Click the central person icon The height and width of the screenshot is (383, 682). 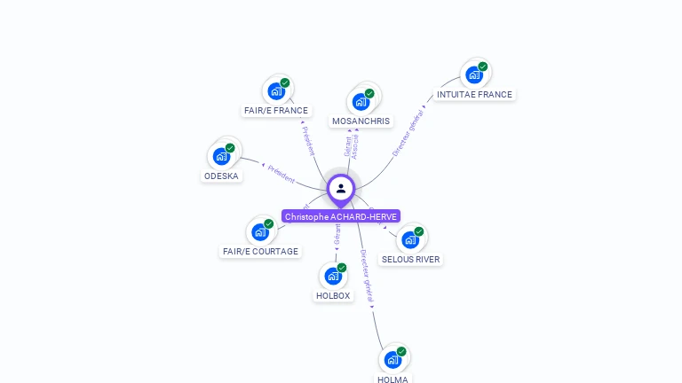pos(341,188)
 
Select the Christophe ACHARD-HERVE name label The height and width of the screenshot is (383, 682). pos(341,216)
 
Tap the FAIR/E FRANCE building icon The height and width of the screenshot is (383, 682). pos(276,90)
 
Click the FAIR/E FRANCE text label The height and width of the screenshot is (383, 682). pos(276,111)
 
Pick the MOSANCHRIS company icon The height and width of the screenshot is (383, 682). pos(361,101)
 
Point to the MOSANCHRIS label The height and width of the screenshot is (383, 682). pos(361,121)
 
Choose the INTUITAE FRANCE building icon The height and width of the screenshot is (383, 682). pos(474,74)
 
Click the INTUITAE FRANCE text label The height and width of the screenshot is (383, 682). pos(474,94)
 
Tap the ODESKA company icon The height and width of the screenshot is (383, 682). pos(221,156)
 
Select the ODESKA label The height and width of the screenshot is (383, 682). pos(221,176)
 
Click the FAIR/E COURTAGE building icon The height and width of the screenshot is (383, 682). pos(260,231)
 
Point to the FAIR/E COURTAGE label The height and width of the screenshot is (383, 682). pos(260,252)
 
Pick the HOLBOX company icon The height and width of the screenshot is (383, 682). pos(333,276)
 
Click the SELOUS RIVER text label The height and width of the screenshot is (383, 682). pos(410,260)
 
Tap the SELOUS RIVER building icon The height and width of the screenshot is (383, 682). pos(410,239)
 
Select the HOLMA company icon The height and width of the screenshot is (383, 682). pos(393,360)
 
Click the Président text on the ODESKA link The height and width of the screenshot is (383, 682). pos(282,174)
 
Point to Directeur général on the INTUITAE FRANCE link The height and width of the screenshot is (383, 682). pos(408,134)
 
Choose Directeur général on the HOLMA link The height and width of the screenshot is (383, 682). pos(368,276)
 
